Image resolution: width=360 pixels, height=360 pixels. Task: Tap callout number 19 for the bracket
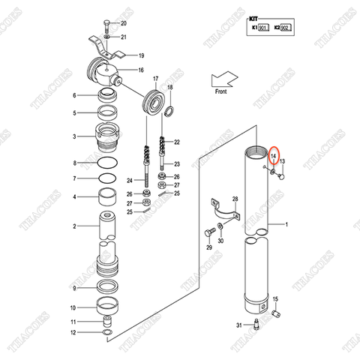click(x=140, y=55)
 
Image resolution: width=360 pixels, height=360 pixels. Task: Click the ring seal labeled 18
click(x=170, y=111)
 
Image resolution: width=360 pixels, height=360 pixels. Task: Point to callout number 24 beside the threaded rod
click(x=130, y=180)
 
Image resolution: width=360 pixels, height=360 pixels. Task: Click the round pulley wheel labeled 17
click(x=154, y=103)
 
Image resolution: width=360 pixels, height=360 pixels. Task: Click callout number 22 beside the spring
click(x=177, y=142)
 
